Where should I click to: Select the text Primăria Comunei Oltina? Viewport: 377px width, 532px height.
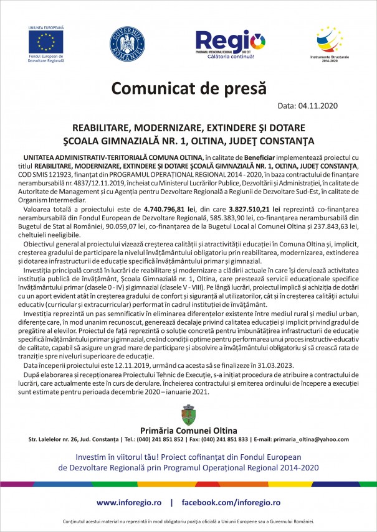tap(188, 430)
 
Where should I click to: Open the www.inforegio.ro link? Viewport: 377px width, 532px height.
tap(130, 502)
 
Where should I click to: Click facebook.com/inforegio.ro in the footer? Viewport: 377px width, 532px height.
tap(231, 502)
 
